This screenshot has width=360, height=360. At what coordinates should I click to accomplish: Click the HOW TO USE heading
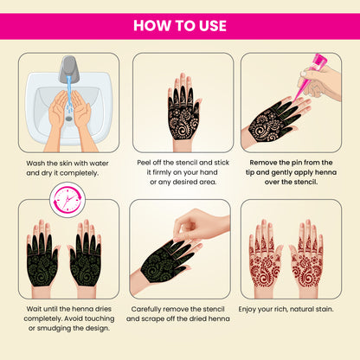tap(180, 25)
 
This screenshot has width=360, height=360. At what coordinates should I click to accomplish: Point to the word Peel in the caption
tap(148, 161)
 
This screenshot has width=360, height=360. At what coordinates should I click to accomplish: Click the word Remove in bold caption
tap(261, 161)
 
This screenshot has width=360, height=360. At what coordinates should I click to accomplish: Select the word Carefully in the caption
tap(153, 308)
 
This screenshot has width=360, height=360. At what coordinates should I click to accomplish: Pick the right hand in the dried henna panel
tap(86, 254)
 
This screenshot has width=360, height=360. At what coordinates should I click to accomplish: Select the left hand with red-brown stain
tap(265, 254)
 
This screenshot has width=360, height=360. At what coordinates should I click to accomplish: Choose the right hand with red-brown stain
tap(307, 254)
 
